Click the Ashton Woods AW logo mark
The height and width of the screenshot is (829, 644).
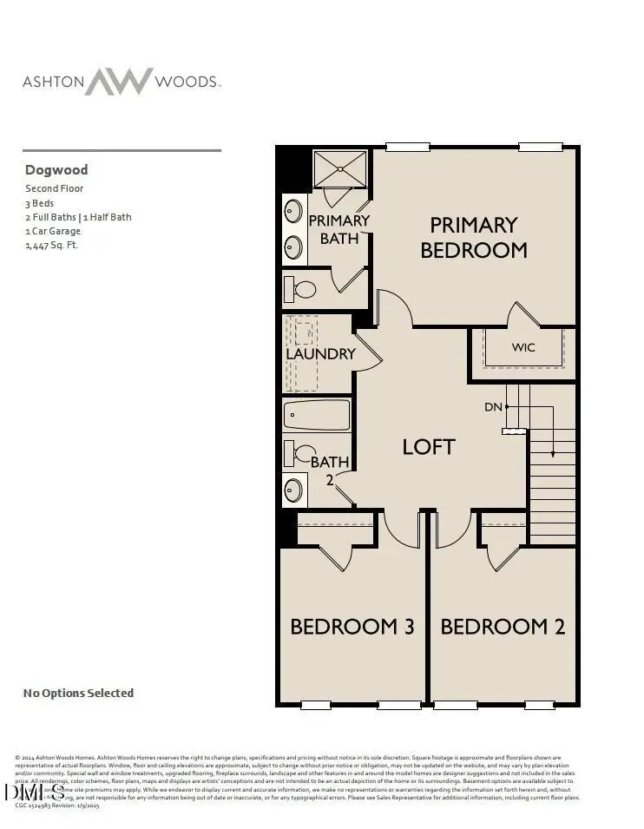[x=118, y=82]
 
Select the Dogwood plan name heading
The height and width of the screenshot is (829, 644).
[x=56, y=170]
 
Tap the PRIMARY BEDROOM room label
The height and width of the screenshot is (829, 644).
[x=474, y=238]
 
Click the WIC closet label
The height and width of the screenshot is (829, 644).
[x=523, y=347]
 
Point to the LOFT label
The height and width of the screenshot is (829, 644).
[x=429, y=447]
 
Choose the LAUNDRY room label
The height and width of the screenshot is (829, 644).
[x=321, y=354]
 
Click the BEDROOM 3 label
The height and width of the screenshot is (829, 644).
[x=352, y=627]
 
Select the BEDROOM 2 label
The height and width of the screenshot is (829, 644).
[x=503, y=627]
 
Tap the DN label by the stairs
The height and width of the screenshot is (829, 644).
[x=493, y=406]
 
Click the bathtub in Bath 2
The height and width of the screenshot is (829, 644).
[x=317, y=415]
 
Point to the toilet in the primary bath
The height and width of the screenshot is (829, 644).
[x=302, y=289]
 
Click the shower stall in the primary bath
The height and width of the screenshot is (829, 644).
[x=340, y=168]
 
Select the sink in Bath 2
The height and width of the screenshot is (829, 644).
[x=295, y=490]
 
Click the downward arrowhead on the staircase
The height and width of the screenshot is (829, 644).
[x=552, y=453]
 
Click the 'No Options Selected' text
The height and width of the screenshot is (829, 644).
[x=78, y=693]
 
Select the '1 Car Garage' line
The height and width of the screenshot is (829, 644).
[x=53, y=232]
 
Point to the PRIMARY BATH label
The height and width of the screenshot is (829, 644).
[x=339, y=229]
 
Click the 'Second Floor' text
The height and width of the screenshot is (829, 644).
[x=54, y=188]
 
